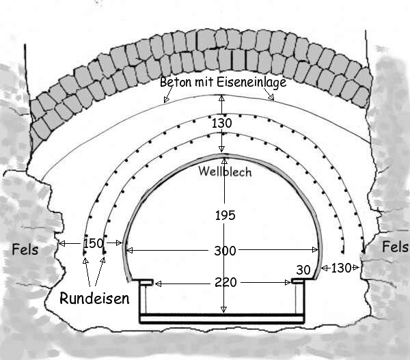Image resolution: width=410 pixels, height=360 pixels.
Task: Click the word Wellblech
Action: (x=224, y=171)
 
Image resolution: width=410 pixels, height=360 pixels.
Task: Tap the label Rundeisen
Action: (x=94, y=298)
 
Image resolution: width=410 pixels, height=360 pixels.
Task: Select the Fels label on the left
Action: (x=25, y=249)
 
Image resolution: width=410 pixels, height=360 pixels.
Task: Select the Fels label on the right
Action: (x=395, y=246)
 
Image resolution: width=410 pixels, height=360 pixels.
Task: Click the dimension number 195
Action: (x=223, y=215)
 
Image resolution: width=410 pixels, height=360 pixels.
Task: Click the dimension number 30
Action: (x=303, y=269)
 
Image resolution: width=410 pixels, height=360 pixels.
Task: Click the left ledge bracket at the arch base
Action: (x=145, y=281)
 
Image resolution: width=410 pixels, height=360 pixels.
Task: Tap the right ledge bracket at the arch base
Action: (x=300, y=280)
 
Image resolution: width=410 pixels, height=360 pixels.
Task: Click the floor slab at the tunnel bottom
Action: (x=222, y=318)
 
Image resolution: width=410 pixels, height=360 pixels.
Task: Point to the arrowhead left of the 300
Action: (x=131, y=251)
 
